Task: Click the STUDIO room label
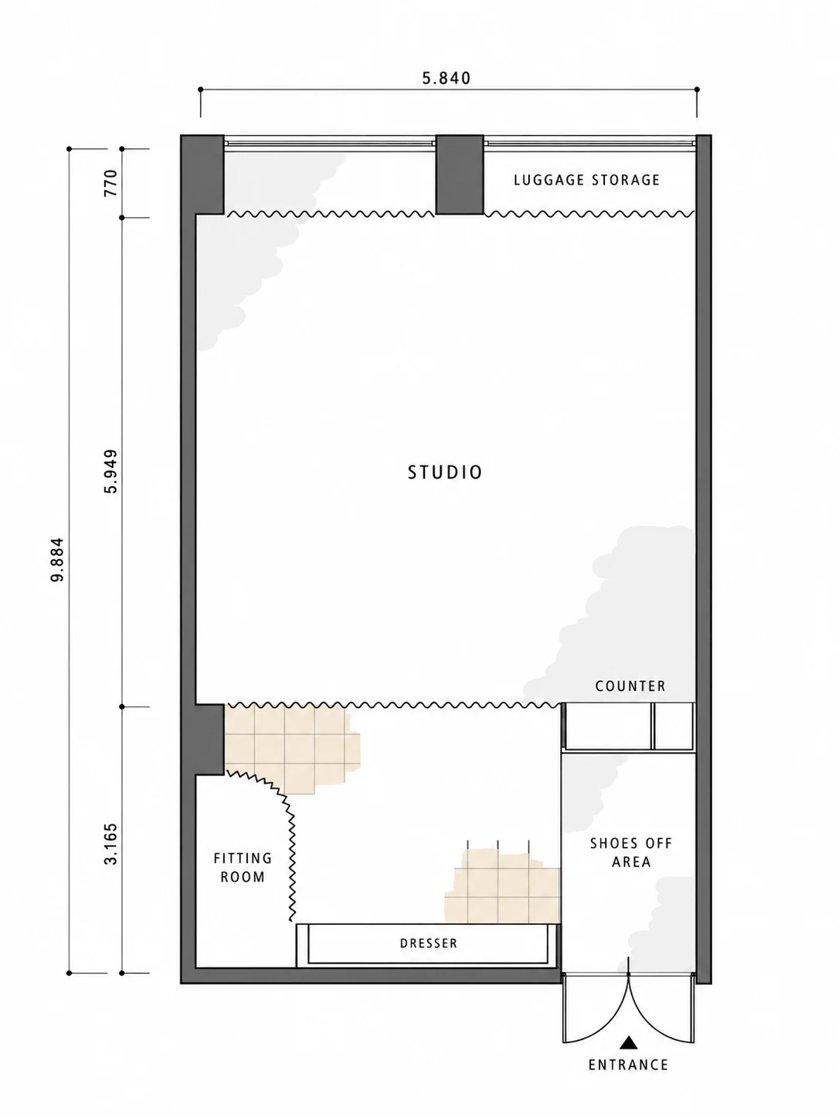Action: (x=445, y=473)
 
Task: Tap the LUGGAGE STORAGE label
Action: (x=587, y=180)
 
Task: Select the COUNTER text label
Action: (x=630, y=686)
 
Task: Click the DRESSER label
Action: (x=429, y=944)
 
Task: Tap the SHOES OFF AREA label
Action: (x=631, y=852)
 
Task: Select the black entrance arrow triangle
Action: (x=629, y=1042)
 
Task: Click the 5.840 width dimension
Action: (x=447, y=78)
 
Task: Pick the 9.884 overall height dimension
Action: (x=58, y=559)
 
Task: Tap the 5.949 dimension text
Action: (x=110, y=471)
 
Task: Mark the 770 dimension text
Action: (x=110, y=183)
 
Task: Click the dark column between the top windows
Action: (x=460, y=174)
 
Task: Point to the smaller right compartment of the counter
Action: (x=674, y=726)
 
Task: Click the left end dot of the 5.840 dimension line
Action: (x=201, y=90)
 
